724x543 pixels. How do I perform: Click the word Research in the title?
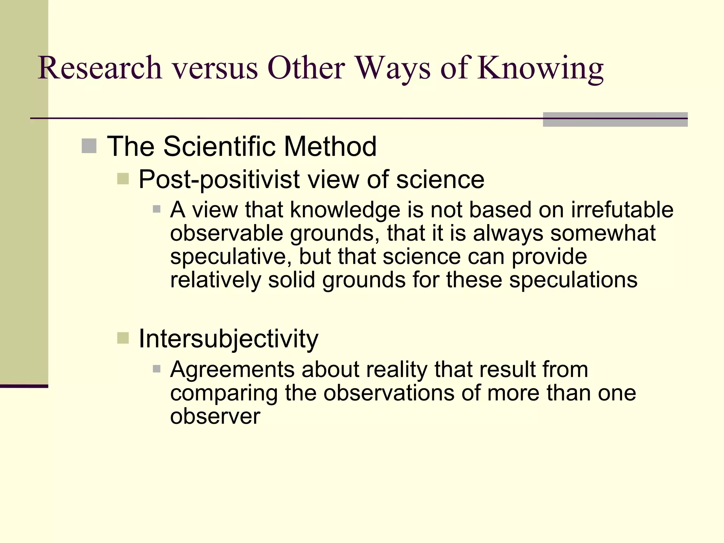coord(100,68)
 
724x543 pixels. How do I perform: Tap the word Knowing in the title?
coord(541,68)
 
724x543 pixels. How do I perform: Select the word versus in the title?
coord(215,68)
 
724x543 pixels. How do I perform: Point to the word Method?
coord(330,146)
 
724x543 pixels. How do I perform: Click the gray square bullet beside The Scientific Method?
coord(89,146)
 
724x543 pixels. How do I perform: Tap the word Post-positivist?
coord(219,180)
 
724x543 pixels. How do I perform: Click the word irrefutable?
coord(622,210)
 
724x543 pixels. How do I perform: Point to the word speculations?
coord(573,280)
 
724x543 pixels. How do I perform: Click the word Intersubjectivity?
coord(228,339)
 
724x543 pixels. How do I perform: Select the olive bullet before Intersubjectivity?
coord(123,338)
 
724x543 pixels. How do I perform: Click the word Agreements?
coord(232,370)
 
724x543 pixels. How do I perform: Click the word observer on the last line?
coord(215,416)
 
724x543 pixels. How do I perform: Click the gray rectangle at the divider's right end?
coord(615,119)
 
